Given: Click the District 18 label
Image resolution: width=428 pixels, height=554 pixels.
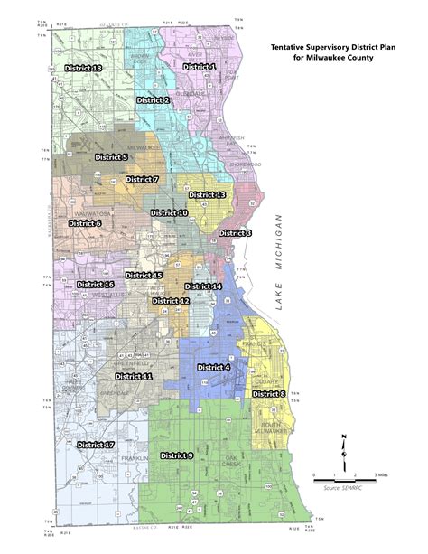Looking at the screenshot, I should coord(84,69).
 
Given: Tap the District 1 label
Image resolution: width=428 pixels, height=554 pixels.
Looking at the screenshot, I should coord(200,67).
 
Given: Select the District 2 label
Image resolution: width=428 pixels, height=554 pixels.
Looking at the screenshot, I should coord(153,99).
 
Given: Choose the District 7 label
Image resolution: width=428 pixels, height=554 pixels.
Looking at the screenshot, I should coord(142,180).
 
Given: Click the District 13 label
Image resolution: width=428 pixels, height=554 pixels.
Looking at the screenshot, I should coord(207,195).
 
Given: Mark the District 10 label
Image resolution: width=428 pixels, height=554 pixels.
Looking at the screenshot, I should coord(169,212).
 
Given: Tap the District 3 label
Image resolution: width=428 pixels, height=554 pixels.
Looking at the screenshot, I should coord(236,233).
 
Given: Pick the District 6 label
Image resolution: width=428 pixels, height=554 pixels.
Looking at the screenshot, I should coord(85,222).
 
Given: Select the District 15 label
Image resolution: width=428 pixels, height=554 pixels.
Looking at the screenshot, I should coord(144,275).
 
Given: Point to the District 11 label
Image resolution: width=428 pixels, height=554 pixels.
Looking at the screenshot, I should coord(134,375).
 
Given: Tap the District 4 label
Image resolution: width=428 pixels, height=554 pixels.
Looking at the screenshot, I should coord(214,368).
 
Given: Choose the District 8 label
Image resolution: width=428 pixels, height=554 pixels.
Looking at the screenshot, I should coord(268,394).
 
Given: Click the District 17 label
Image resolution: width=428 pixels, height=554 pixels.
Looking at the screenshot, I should coord(96,445).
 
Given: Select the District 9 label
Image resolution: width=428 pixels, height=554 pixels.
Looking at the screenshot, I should coord(177,456).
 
